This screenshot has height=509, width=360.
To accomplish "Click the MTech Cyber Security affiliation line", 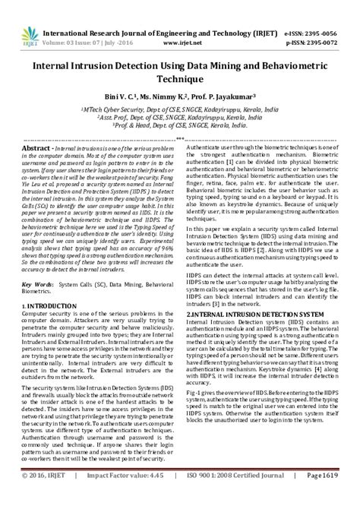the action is (179, 109).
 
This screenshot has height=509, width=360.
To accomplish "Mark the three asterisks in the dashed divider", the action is (179, 139).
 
